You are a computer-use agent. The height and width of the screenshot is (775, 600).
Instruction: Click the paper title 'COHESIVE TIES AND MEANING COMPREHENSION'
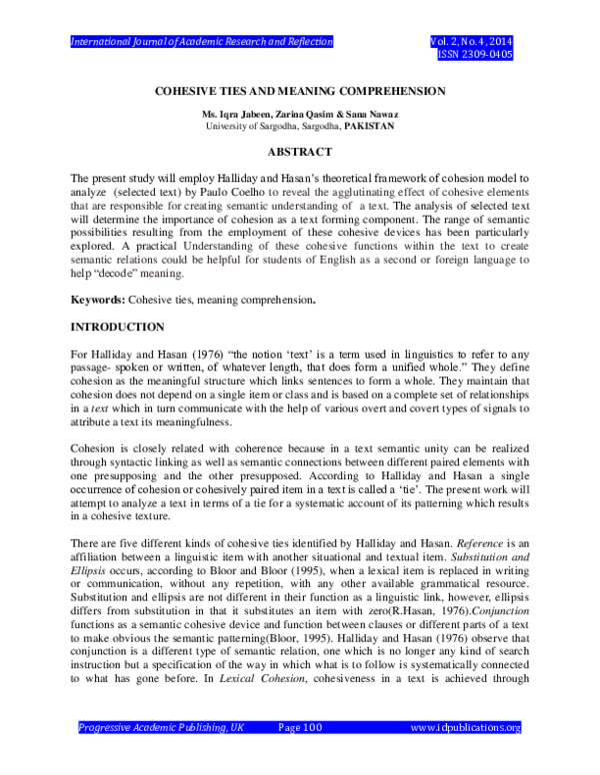click(x=299, y=91)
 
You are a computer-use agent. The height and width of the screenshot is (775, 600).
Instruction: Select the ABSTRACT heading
click(x=299, y=151)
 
